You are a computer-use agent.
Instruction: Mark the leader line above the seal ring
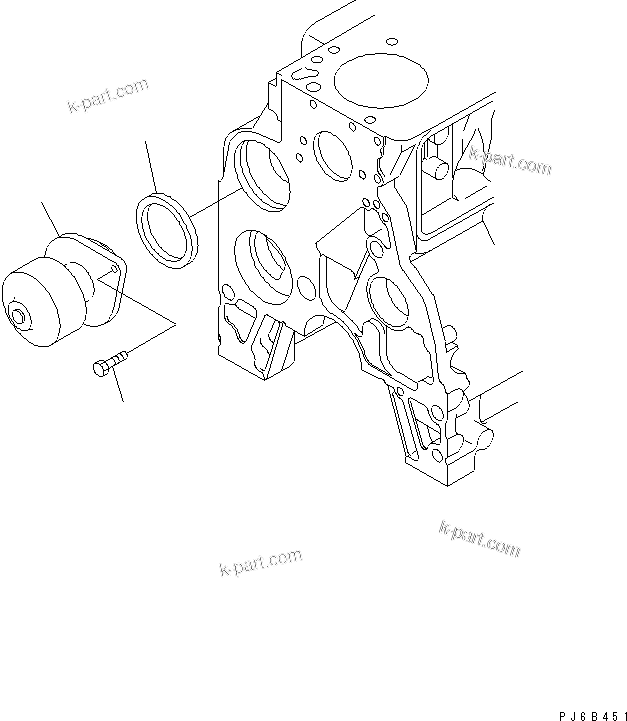pyautogui.click(x=153, y=165)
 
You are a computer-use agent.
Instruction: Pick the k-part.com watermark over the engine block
pyautogui.click(x=509, y=159)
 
